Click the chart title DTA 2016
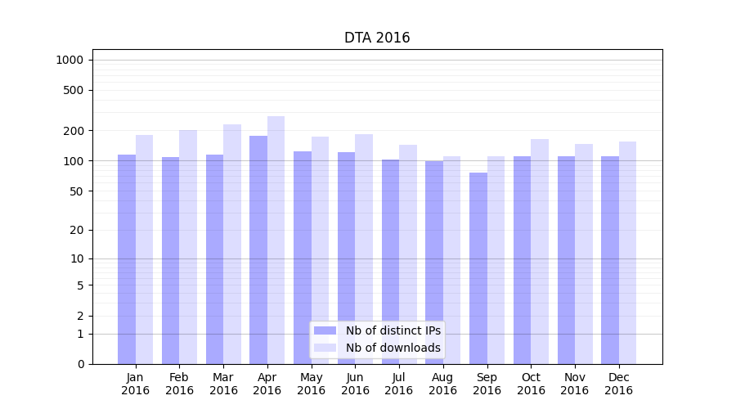(377, 38)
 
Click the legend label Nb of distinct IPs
(393, 330)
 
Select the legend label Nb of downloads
(393, 348)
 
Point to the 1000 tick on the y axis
(69, 60)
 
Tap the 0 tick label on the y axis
(80, 364)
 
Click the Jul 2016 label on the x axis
(399, 384)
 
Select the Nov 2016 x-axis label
(575, 384)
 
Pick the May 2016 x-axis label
(311, 384)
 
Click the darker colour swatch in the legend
(325, 330)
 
